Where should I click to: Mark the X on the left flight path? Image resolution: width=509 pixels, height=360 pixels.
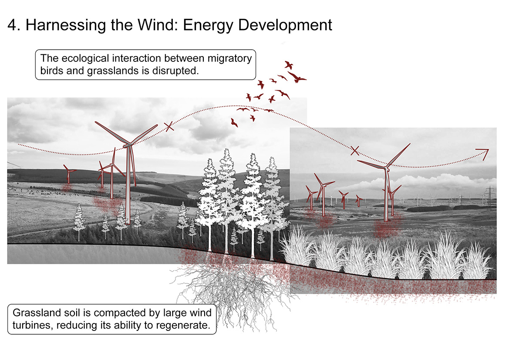pos(169,127)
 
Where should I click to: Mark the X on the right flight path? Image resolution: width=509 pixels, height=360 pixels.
pos(355,151)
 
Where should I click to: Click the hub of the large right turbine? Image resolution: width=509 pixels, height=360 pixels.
pos(386,167)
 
